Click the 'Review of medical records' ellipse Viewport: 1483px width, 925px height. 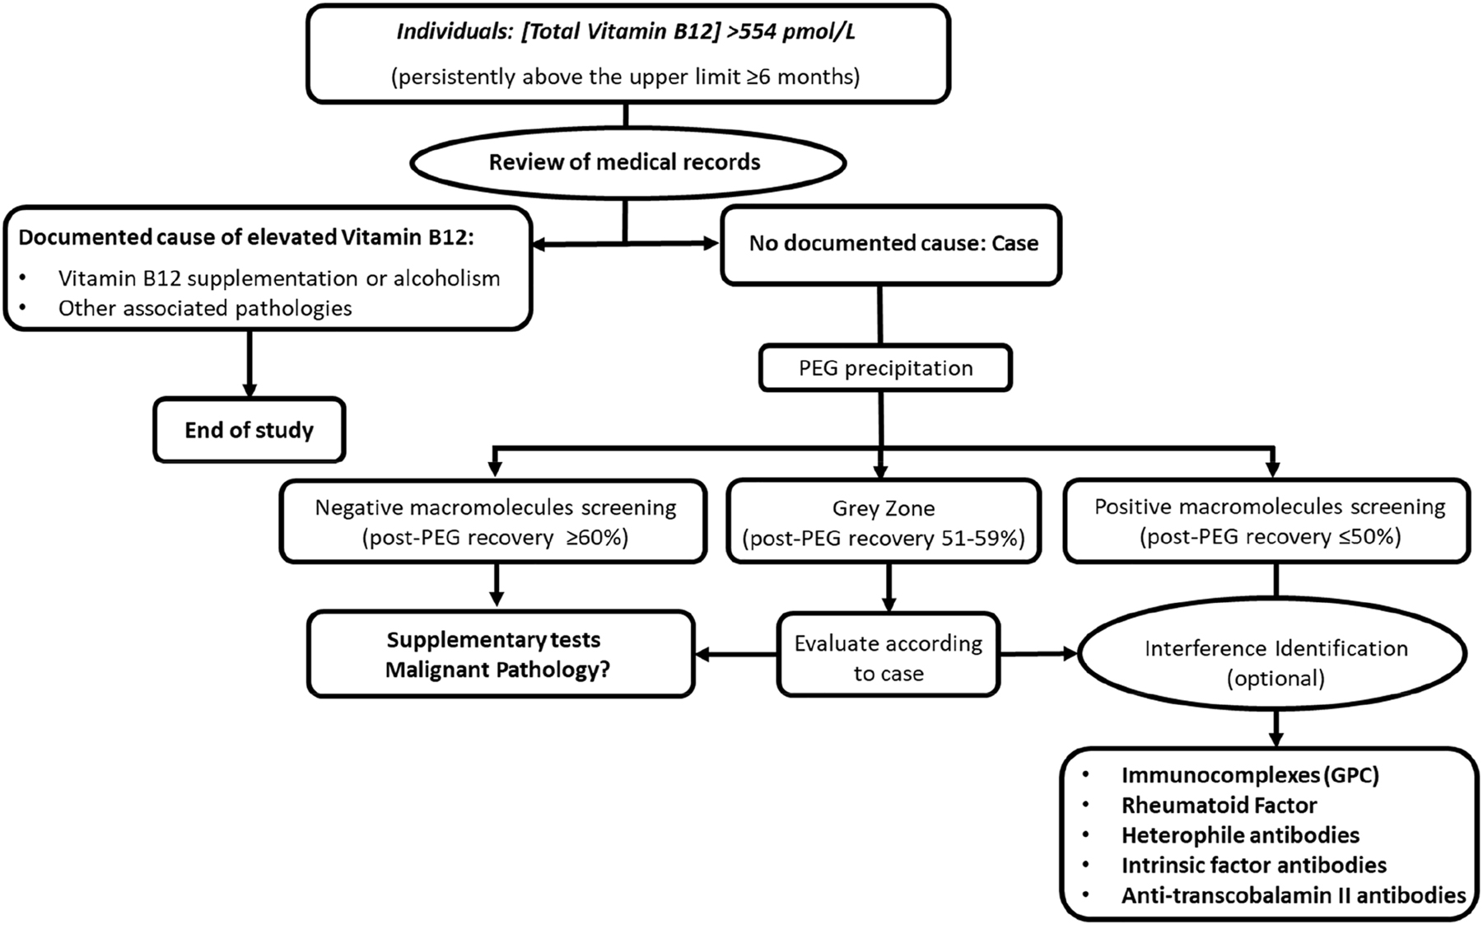626,162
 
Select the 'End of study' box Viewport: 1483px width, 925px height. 249,430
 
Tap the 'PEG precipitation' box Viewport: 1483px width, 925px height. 885,367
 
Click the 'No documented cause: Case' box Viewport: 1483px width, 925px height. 892,244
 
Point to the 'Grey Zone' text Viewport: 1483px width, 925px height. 884,509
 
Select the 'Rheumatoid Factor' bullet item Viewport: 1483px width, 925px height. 1219,805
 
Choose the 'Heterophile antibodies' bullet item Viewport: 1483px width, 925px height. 1240,835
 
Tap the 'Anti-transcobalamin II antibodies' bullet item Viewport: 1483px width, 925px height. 1293,895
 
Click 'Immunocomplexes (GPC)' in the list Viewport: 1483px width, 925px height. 1249,775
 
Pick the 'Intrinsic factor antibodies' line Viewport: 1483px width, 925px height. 1253,865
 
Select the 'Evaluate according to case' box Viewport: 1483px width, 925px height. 888,657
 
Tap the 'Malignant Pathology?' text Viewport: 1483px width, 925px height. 497,670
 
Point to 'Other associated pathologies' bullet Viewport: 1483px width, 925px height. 205,309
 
